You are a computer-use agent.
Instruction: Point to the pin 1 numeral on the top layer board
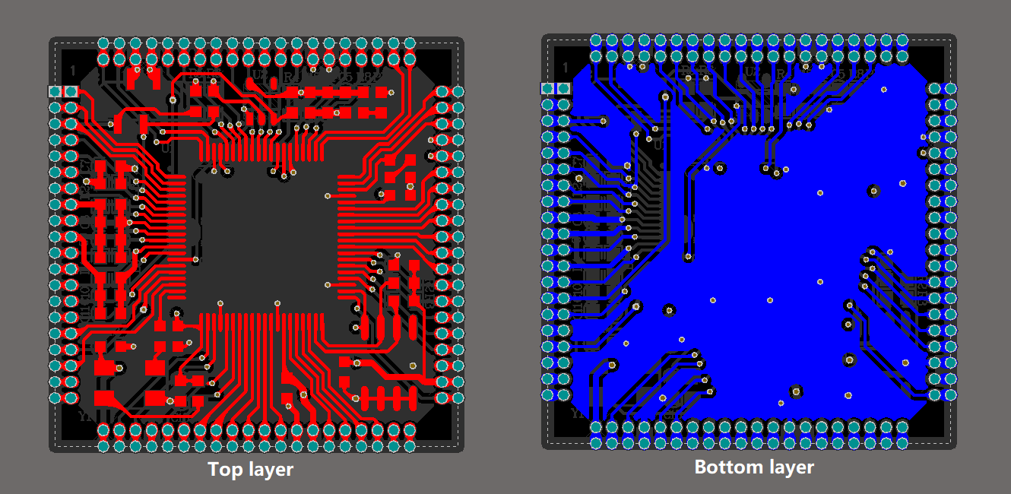point(73,71)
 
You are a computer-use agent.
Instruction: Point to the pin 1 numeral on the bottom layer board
point(565,68)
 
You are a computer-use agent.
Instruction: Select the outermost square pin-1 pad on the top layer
point(55,91)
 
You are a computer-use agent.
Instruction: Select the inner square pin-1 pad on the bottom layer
point(563,89)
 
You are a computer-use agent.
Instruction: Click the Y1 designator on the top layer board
point(86,416)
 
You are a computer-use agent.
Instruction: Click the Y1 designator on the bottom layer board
point(578,414)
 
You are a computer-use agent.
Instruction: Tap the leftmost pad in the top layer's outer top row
point(103,43)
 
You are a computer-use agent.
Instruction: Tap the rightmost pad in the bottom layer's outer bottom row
point(902,443)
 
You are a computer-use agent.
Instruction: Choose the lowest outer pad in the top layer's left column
point(55,397)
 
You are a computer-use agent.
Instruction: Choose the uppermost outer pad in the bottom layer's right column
point(950,89)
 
